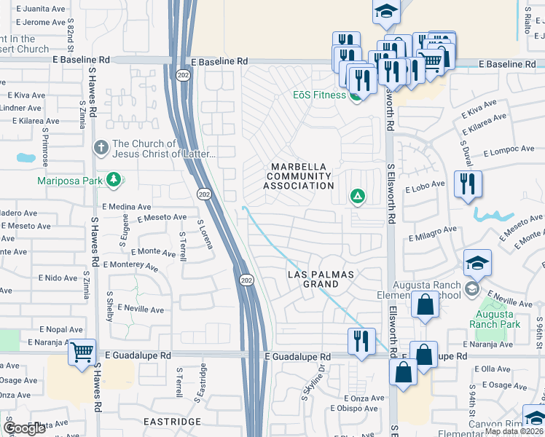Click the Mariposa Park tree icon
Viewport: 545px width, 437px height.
pos(113,179)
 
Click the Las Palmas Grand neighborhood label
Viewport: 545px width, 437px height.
pos(320,279)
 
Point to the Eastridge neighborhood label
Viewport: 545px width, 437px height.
pos(171,422)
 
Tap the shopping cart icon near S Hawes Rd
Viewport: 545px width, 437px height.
pos(82,353)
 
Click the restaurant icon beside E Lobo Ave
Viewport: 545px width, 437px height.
pos(467,184)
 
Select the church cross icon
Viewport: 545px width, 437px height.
pos(101,149)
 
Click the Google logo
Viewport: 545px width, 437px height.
pos(23,428)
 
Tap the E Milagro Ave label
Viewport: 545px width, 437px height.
pos(433,233)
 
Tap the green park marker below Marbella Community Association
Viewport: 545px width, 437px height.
pos(357,195)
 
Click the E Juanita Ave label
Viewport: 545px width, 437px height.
pos(40,9)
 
